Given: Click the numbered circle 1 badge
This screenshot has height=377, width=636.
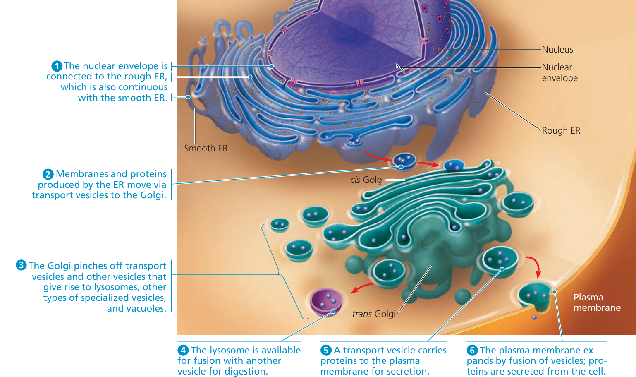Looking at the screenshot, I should pos(57,66).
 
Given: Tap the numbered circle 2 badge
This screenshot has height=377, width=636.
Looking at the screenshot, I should pos(48,174).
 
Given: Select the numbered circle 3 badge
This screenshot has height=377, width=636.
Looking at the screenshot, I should pos(21,265).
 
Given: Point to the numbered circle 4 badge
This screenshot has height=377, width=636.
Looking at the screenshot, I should pos(183,350).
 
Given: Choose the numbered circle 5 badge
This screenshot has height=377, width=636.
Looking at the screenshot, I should pos(326,350).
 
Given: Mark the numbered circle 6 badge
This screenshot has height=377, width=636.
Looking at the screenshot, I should pos(472,350).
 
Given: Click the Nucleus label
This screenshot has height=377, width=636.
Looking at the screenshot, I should pos(557,50).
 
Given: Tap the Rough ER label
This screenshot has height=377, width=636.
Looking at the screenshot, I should pos(561,131).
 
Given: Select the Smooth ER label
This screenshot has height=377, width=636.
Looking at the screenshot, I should pos(206,148).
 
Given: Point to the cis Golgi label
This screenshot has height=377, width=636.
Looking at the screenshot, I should pos(367,180).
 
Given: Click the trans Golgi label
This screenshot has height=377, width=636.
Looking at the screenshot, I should pos(373,314).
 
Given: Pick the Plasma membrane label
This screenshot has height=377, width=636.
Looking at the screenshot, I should pos(597,303).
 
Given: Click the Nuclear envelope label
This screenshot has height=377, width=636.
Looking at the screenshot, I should pos(559,72).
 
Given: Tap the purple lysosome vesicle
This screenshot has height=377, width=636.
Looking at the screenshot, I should pos(326,302).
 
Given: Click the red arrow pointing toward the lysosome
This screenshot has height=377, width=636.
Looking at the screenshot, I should pos(361,287).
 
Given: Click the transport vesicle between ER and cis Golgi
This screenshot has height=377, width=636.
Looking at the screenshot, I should pos(404,161).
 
